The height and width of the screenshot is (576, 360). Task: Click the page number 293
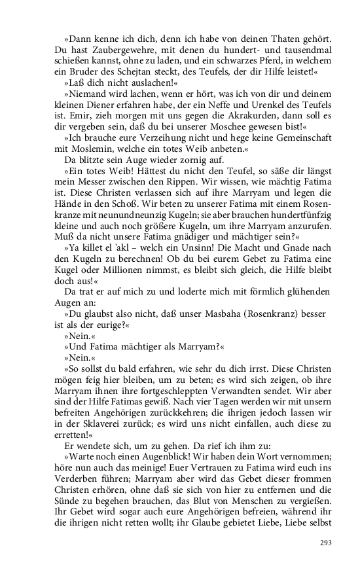click(326, 543)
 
